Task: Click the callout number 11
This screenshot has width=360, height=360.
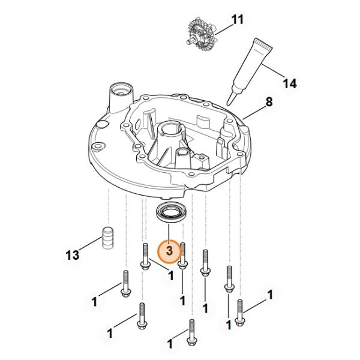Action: click(x=237, y=19)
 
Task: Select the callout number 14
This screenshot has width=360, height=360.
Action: click(x=290, y=83)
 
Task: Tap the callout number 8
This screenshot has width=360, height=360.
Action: click(x=269, y=102)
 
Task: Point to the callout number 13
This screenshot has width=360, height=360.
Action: click(x=73, y=255)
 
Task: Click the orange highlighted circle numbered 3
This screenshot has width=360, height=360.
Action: click(x=169, y=251)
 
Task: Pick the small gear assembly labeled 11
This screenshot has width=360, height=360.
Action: click(x=200, y=34)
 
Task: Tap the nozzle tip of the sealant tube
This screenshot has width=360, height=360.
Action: click(x=228, y=104)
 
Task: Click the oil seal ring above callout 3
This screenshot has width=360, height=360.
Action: click(x=172, y=212)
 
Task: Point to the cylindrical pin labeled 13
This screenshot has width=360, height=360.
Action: click(x=108, y=238)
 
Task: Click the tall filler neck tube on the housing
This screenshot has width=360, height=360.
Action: click(x=121, y=97)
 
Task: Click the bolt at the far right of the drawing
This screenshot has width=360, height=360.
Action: click(x=239, y=313)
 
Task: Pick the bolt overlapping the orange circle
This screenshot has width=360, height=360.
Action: click(x=182, y=256)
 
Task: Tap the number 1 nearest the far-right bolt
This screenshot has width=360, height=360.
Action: click(x=270, y=295)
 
